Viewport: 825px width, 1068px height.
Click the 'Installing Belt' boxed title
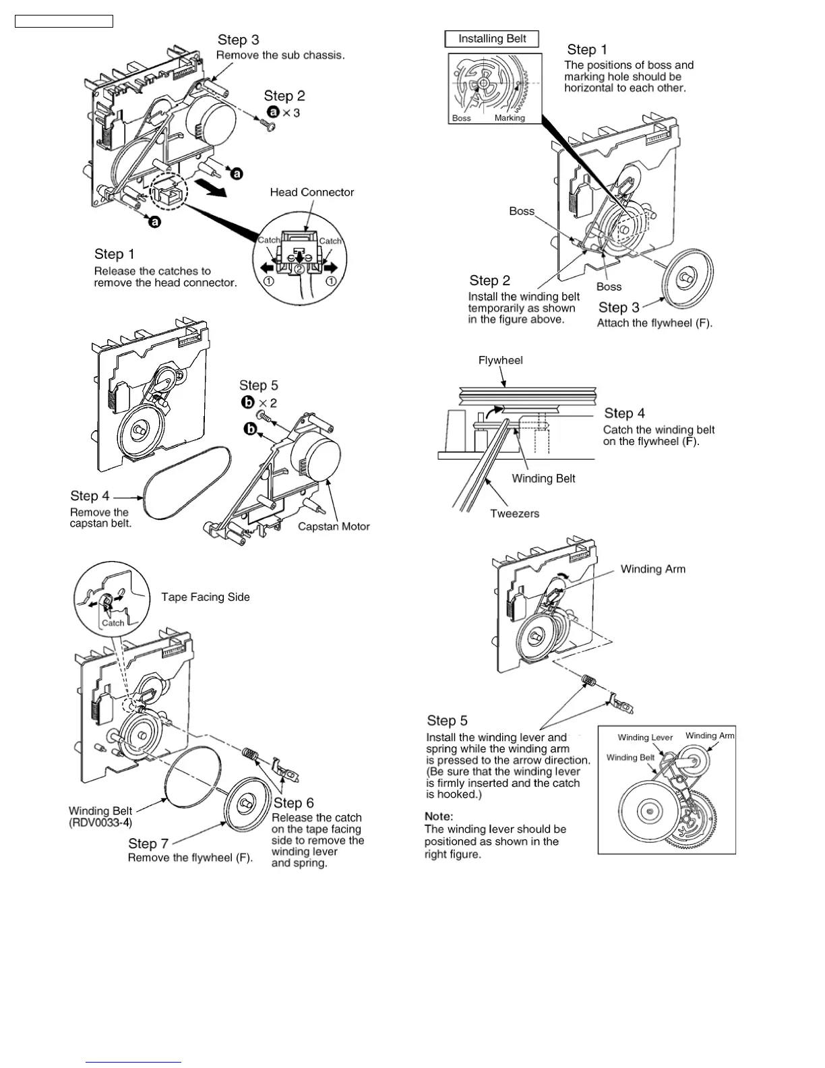click(492, 39)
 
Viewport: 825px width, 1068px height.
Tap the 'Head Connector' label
click(311, 192)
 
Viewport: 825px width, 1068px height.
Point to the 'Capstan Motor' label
click(334, 527)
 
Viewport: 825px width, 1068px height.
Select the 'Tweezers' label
click(514, 514)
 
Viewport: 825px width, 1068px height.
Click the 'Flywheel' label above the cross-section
click(500, 360)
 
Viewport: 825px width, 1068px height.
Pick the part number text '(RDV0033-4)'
click(100, 823)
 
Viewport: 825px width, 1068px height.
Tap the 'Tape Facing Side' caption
click(205, 597)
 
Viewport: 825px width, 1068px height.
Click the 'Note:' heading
click(439, 817)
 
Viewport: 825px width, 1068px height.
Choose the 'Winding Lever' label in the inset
click(645, 737)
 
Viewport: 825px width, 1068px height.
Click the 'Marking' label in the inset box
click(510, 118)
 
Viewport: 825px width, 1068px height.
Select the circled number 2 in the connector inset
click(299, 269)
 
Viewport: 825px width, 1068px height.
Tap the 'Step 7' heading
click(148, 843)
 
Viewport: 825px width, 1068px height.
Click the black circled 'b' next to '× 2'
click(248, 403)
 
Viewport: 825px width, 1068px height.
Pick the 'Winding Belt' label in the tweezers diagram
click(543, 479)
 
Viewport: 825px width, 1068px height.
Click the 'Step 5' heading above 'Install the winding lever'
click(447, 721)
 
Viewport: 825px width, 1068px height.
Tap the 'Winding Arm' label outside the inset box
click(652, 569)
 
